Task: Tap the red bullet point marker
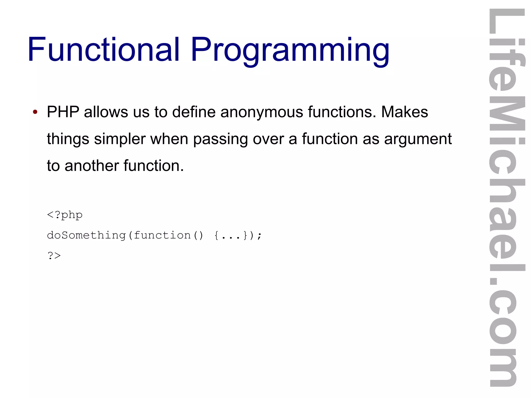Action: coord(35,112)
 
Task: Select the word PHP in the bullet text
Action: coord(63,112)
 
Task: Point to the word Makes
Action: coord(404,112)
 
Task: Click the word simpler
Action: coord(120,139)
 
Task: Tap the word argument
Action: coord(418,139)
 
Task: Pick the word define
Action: coord(194,112)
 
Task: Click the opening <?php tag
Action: coord(65,215)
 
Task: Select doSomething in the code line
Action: coord(86,235)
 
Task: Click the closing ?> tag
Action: coord(54,256)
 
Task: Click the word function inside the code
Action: coord(162,235)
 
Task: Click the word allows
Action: coord(106,112)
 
